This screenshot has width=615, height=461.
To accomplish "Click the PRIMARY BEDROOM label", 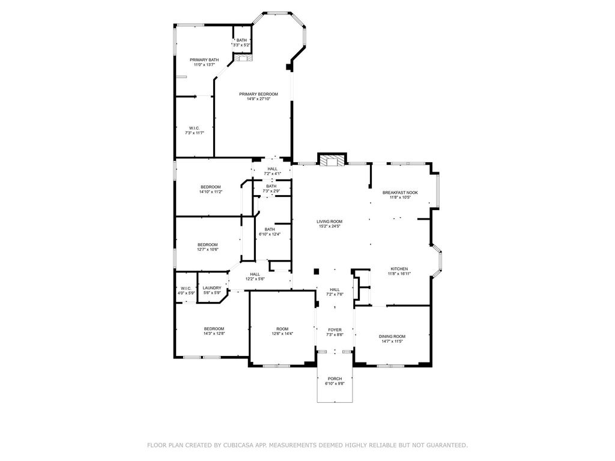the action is pyautogui.click(x=258, y=94).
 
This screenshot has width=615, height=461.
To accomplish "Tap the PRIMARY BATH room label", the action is pyautogui.click(x=204, y=60).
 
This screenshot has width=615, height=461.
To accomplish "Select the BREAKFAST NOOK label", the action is pyautogui.click(x=400, y=193).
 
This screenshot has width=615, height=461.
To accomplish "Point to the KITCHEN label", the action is pyautogui.click(x=399, y=269).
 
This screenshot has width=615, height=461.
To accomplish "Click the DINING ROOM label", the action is pyautogui.click(x=392, y=336).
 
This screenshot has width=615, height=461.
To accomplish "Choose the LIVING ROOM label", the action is pyautogui.click(x=330, y=221).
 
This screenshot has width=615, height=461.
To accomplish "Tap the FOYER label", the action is pyautogui.click(x=335, y=330).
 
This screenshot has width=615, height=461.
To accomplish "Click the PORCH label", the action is pyautogui.click(x=335, y=379).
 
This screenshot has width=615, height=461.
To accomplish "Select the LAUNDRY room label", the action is pyautogui.click(x=212, y=288).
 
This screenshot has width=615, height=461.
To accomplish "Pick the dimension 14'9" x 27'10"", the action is pyautogui.click(x=258, y=99).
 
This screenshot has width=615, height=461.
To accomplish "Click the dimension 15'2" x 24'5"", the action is pyautogui.click(x=330, y=226).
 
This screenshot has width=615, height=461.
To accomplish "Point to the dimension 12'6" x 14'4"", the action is pyautogui.click(x=282, y=334).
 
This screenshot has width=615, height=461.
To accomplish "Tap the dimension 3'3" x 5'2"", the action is pyautogui.click(x=241, y=45).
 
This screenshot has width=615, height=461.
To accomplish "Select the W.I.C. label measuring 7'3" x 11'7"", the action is pyautogui.click(x=195, y=128).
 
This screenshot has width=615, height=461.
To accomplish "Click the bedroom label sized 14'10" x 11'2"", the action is pyautogui.click(x=211, y=187).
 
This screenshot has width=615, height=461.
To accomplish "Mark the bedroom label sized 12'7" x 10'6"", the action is pyautogui.click(x=207, y=245).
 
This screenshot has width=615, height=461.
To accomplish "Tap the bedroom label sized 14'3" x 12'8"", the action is pyautogui.click(x=214, y=329).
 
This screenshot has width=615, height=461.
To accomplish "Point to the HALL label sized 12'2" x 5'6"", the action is pyautogui.click(x=255, y=274).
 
